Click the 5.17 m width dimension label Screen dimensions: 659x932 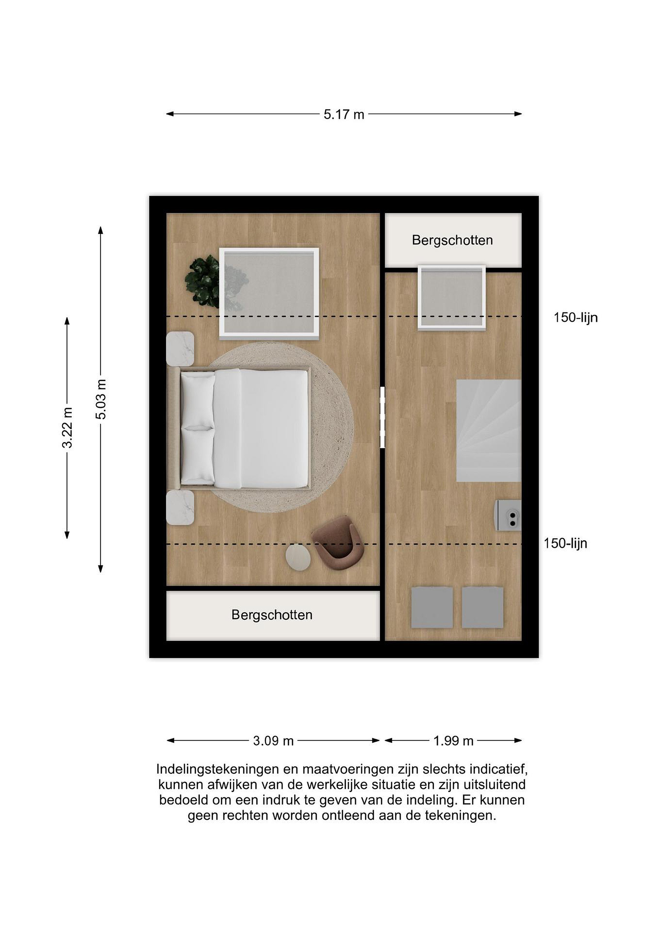click(344, 115)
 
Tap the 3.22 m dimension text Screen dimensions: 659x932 click(67, 427)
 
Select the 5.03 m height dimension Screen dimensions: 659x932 click(101, 399)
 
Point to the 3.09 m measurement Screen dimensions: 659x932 click(273, 741)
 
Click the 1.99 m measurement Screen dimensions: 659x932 click(453, 741)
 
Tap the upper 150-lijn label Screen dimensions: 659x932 click(576, 317)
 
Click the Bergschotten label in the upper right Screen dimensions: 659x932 click(453, 240)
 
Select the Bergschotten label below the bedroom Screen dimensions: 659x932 click(272, 615)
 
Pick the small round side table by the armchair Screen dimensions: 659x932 click(298, 558)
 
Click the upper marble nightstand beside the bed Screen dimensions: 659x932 click(180, 349)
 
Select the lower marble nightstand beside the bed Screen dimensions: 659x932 click(180, 507)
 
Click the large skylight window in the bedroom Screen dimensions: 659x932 click(269, 294)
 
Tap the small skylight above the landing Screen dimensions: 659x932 click(452, 297)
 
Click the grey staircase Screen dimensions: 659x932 click(489, 431)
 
